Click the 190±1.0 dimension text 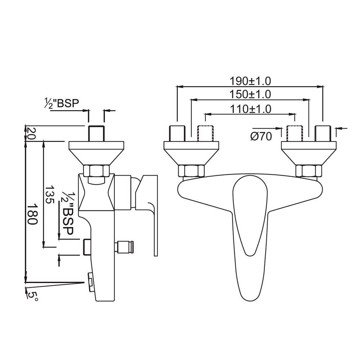[250, 80]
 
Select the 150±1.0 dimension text [250, 94]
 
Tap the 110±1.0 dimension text [250, 108]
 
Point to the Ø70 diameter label [262, 136]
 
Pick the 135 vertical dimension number [50, 195]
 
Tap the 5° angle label [32, 296]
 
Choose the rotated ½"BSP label [67, 212]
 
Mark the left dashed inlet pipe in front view [205, 133]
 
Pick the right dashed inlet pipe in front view [294, 133]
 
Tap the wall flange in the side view [96, 151]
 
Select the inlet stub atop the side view [96, 133]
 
